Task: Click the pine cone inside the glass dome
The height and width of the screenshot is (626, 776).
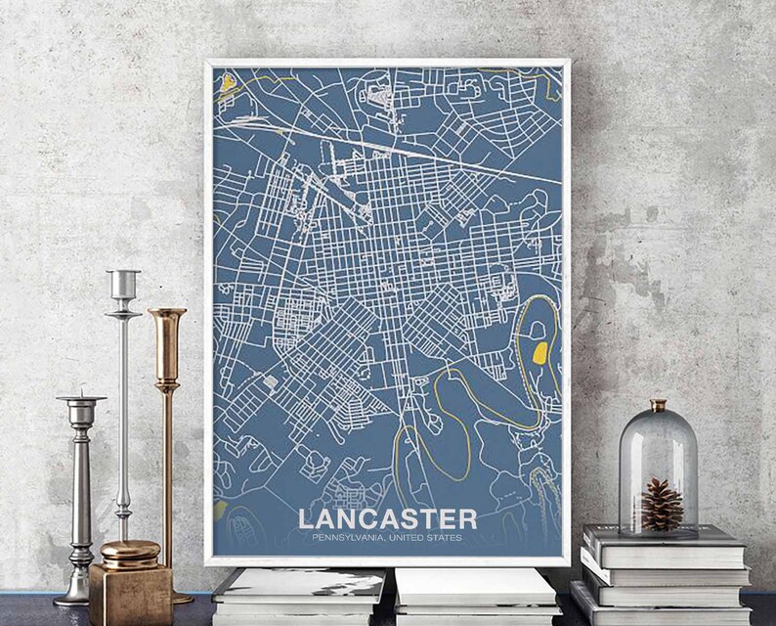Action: pyautogui.click(x=662, y=505)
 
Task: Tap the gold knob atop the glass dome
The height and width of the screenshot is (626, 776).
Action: pyautogui.click(x=659, y=404)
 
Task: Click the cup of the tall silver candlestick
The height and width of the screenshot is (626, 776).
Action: pyautogui.click(x=123, y=285)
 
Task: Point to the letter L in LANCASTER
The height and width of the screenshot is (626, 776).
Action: pyautogui.click(x=307, y=517)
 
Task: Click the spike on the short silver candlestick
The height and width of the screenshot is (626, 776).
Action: pyautogui.click(x=81, y=389)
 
